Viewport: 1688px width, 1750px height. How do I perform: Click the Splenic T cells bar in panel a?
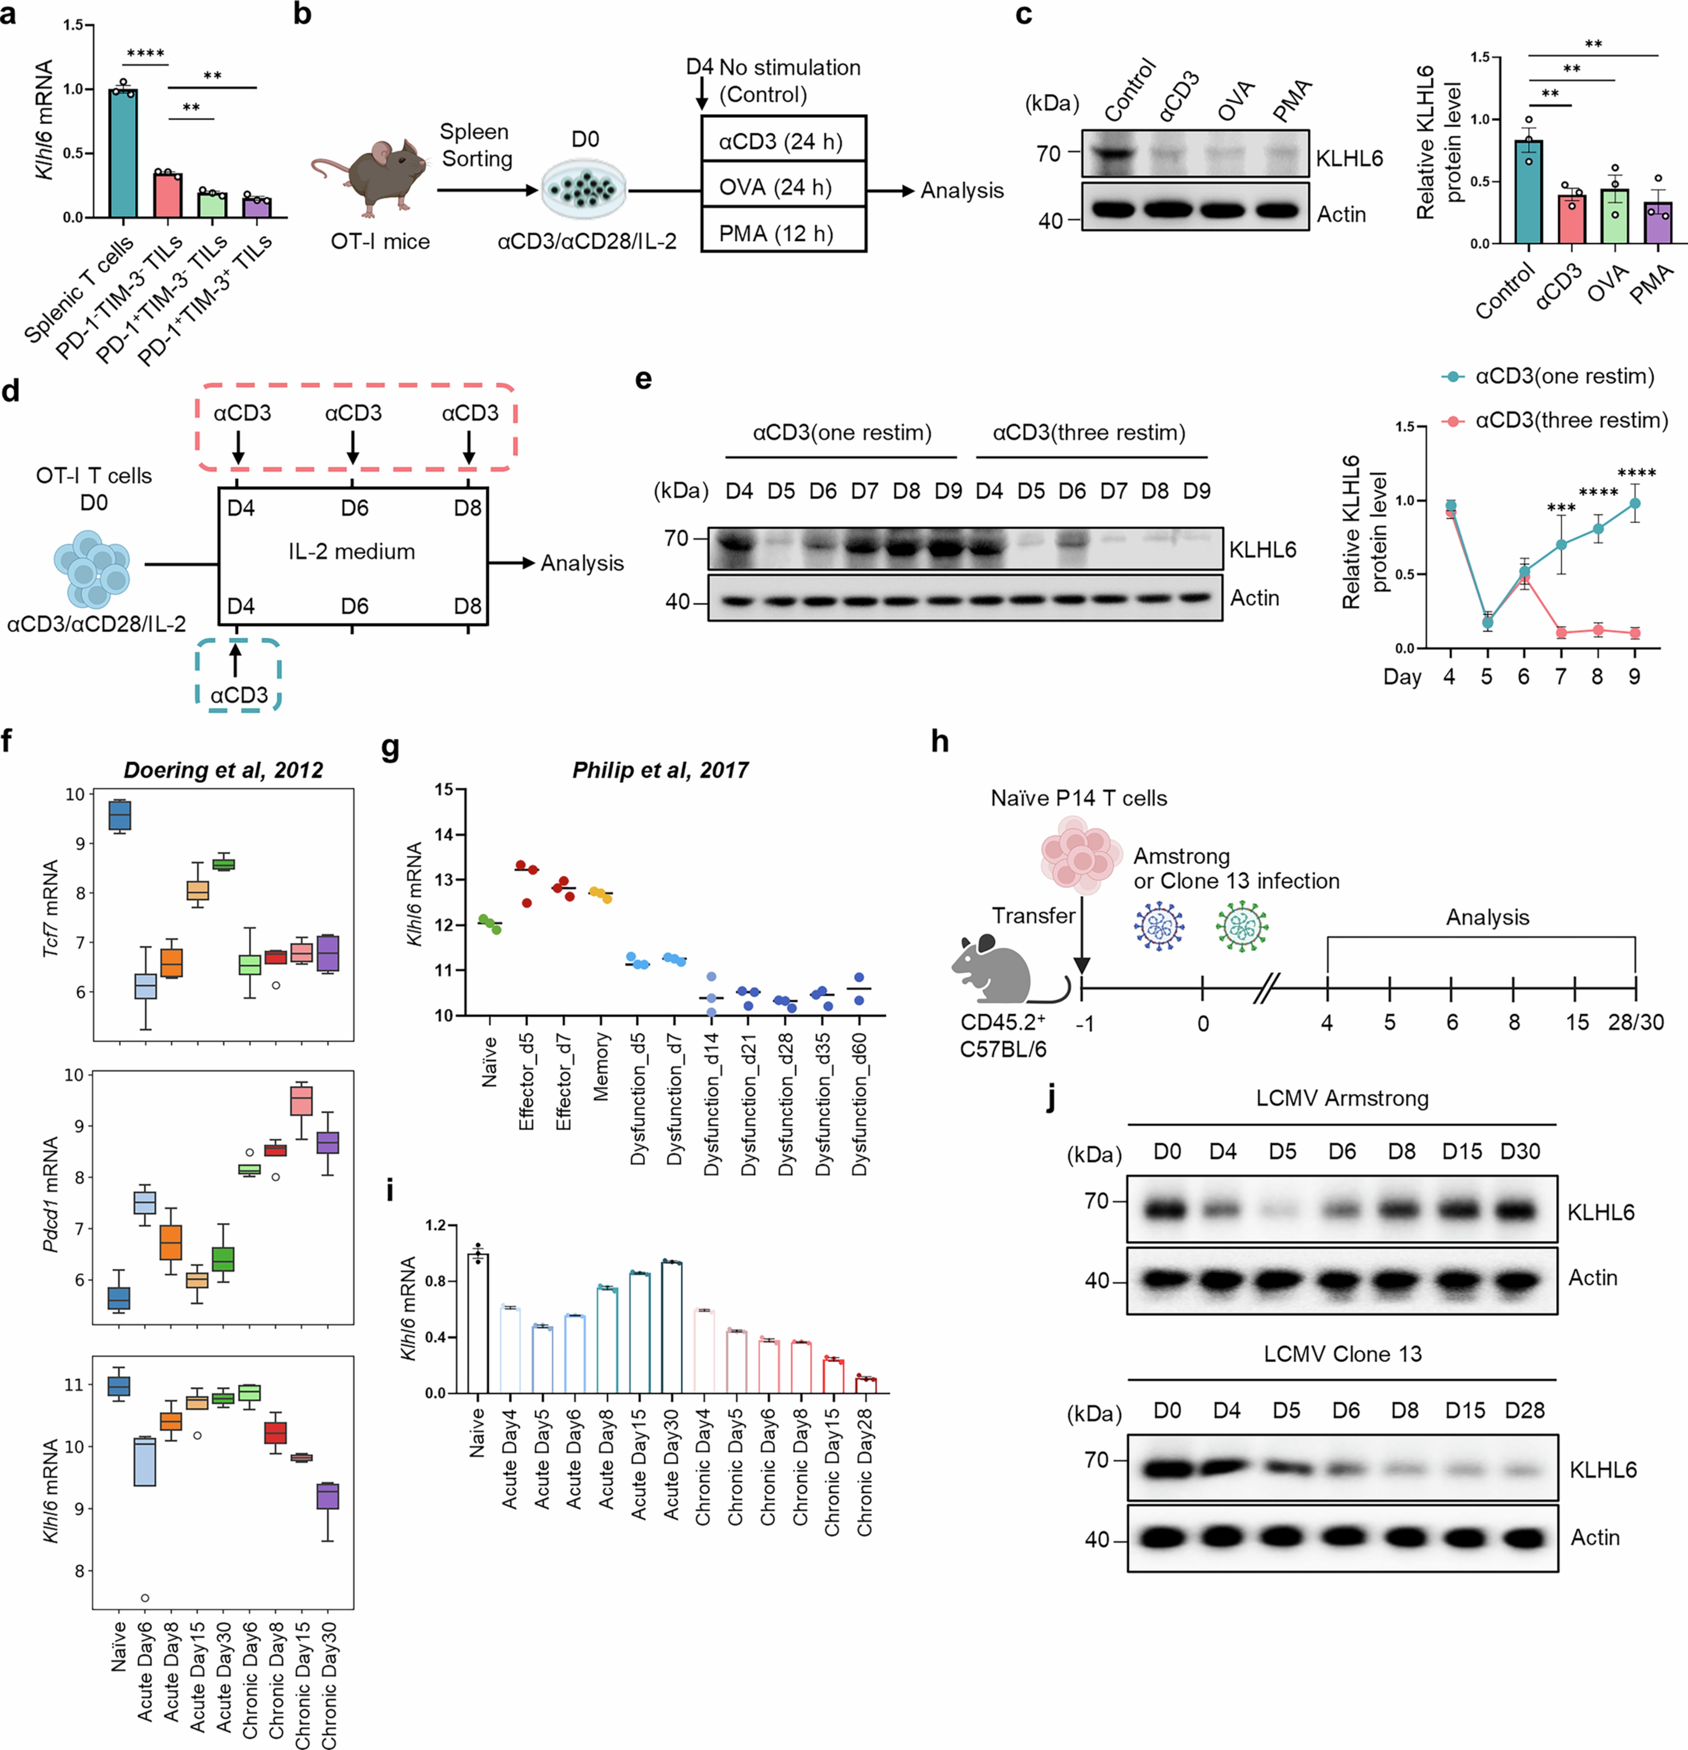(x=123, y=153)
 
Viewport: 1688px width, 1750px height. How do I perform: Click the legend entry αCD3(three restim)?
(x=1570, y=421)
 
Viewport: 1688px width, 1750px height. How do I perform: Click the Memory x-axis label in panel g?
(x=601, y=1067)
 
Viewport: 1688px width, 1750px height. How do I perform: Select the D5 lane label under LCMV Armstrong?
(x=1282, y=1152)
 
